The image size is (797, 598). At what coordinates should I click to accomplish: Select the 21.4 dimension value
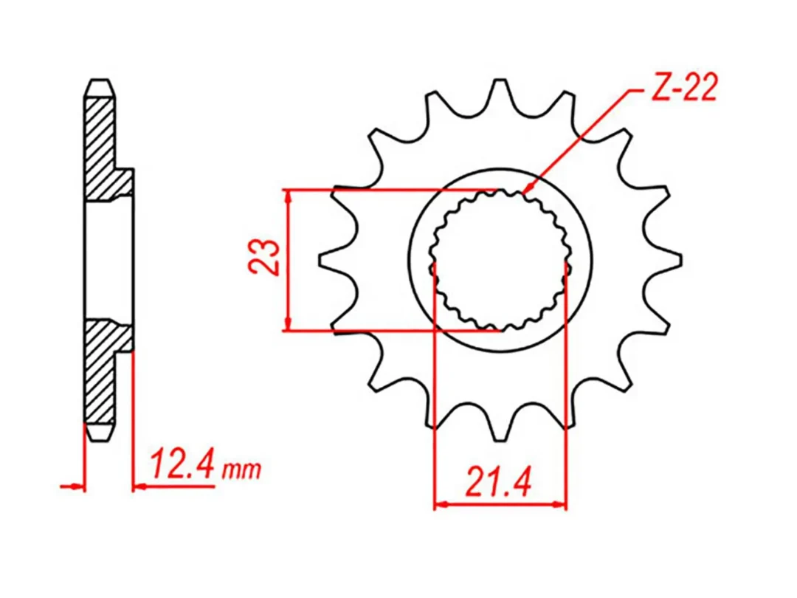tap(498, 481)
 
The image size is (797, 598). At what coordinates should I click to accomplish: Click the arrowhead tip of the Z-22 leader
tap(525, 193)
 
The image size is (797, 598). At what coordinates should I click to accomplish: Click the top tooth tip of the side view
tap(100, 80)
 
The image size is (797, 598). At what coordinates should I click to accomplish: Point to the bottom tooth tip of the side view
tap(100, 439)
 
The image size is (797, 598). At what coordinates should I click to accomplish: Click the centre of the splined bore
tap(500, 261)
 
